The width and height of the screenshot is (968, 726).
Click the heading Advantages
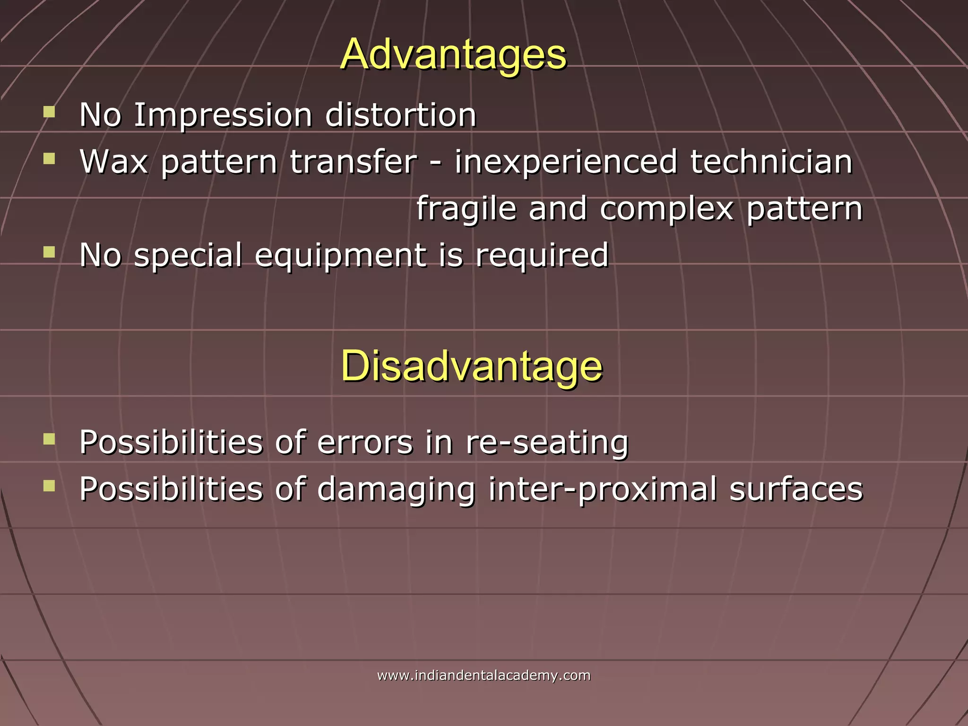tap(453, 54)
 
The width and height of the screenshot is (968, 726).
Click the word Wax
tap(113, 162)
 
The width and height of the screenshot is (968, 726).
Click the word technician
tap(771, 162)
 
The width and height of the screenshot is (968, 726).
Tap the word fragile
tap(466, 208)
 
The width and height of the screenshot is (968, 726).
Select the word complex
tap(666, 208)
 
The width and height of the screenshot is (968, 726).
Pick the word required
tap(542, 255)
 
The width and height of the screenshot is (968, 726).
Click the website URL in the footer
tap(484, 675)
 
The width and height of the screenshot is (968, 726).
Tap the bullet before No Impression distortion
tap(49, 112)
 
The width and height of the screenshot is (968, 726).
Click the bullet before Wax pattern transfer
tap(49, 158)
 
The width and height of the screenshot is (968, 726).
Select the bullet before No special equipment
tap(49, 252)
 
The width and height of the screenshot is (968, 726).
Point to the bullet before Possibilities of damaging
tap(49, 486)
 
